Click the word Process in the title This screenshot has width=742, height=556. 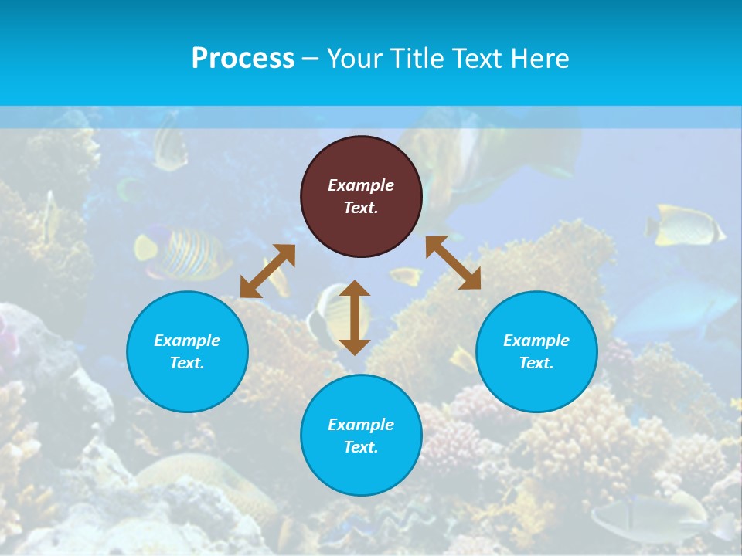click(x=243, y=58)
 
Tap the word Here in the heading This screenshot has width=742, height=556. click(x=539, y=58)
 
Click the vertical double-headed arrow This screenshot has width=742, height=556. click(x=355, y=317)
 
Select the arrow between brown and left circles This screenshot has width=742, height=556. click(x=267, y=271)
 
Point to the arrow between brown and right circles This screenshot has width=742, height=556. click(x=453, y=263)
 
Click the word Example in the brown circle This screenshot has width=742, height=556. click(x=361, y=185)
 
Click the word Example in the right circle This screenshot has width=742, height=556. click(x=536, y=341)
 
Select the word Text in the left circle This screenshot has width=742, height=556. click(x=186, y=363)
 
